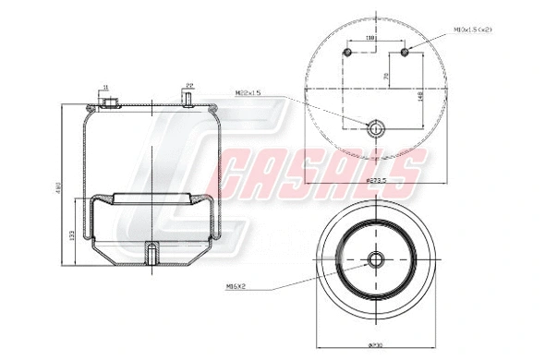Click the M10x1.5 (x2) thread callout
(473, 30)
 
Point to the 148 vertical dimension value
(421, 95)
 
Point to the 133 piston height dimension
(73, 236)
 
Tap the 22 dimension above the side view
(189, 84)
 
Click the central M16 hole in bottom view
(377, 260)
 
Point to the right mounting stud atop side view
(189, 99)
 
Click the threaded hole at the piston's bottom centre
(151, 251)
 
